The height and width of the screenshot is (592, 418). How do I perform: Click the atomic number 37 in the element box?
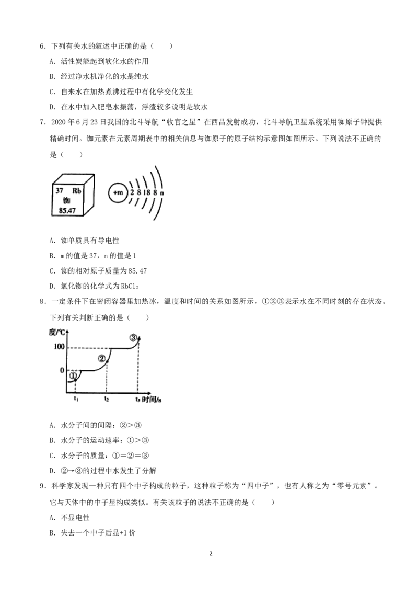click(59, 191)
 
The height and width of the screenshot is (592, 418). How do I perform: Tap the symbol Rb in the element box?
click(77, 191)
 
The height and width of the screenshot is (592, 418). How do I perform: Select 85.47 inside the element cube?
click(67, 211)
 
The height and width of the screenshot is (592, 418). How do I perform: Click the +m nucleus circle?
click(118, 193)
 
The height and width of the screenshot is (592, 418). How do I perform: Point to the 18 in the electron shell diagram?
click(146, 192)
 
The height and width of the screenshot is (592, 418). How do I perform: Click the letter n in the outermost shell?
click(162, 193)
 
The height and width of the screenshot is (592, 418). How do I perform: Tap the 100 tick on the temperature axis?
click(59, 347)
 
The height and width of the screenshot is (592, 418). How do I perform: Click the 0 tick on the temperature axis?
click(62, 370)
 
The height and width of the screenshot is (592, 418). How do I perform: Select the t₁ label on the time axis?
click(76, 399)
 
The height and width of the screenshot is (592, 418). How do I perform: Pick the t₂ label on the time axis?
click(107, 399)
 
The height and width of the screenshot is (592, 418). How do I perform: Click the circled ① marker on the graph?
click(73, 375)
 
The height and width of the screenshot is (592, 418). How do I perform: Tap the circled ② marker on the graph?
click(101, 359)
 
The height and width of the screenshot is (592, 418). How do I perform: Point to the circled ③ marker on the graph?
click(133, 338)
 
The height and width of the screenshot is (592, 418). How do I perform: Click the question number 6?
click(42, 47)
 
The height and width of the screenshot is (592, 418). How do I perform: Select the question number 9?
click(42, 486)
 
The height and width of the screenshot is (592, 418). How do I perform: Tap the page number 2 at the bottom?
click(211, 553)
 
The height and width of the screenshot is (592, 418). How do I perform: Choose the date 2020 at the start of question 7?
click(58, 122)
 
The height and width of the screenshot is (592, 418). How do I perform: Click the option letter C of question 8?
click(52, 456)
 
